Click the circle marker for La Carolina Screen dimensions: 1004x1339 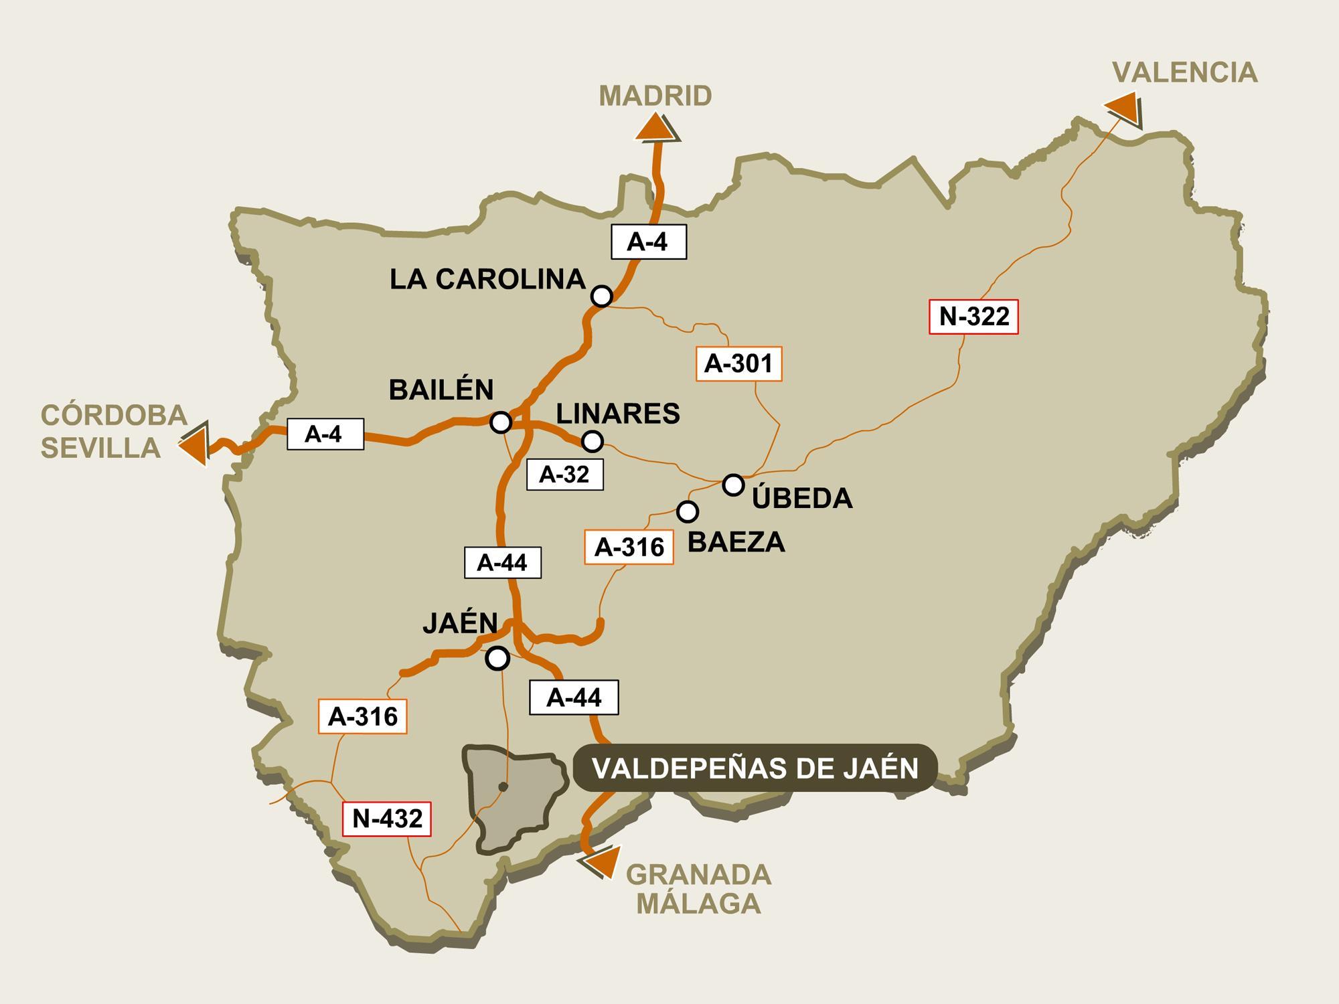point(602,295)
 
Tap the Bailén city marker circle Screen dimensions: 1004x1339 point(501,422)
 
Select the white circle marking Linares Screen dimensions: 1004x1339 point(593,441)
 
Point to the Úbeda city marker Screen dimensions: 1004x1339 point(734,484)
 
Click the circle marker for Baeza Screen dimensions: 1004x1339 point(688,511)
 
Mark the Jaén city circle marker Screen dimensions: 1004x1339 point(497,659)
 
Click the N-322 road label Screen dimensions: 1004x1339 point(973,316)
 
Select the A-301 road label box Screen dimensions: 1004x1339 point(738,363)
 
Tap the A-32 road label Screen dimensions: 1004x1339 point(564,475)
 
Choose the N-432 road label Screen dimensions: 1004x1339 point(387,819)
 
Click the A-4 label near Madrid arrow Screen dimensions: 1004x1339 point(648,242)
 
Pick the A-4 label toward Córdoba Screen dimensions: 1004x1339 point(325,434)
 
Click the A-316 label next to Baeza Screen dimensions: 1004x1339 point(629,547)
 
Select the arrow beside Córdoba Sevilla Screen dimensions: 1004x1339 point(194,443)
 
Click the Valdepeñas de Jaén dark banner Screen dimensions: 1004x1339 point(755,768)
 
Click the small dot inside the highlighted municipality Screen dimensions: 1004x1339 point(503,786)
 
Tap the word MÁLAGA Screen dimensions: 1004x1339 point(698,904)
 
